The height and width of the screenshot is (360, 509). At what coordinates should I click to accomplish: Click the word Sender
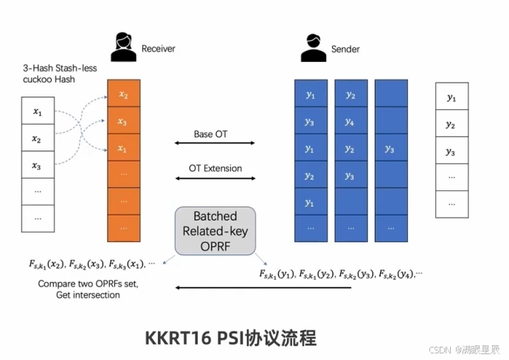346,49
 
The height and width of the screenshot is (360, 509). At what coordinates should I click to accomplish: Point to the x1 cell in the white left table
37,112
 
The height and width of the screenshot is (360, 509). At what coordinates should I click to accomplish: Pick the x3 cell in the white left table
37,165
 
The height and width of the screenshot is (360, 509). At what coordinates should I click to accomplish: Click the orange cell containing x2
123,95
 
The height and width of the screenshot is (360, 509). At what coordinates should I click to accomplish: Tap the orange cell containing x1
123,148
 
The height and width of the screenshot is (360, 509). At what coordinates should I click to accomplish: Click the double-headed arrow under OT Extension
215,179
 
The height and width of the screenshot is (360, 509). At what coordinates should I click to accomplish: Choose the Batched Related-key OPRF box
215,230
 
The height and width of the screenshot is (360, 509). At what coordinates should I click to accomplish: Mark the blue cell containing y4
350,122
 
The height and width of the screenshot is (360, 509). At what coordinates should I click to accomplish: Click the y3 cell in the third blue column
390,149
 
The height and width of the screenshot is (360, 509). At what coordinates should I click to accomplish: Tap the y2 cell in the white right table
451,125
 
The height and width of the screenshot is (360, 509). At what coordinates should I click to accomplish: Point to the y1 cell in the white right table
451,97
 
